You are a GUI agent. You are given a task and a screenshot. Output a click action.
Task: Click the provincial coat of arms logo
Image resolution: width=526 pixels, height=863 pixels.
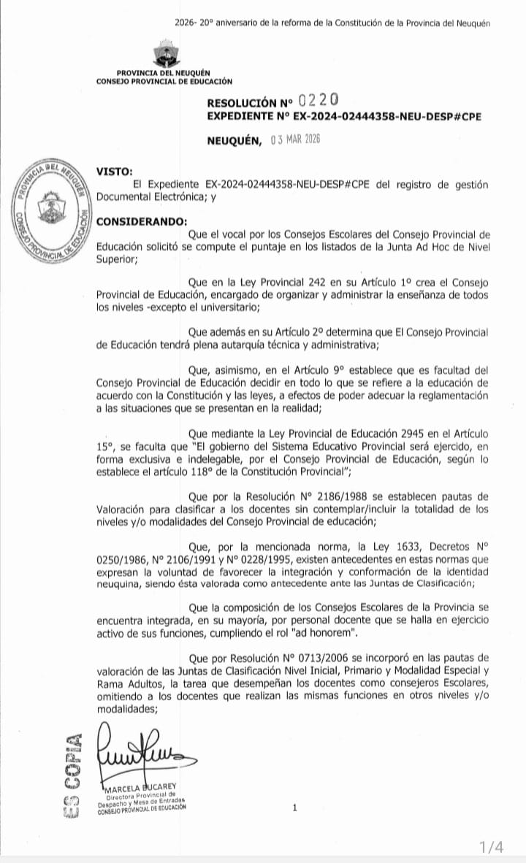coord(166,55)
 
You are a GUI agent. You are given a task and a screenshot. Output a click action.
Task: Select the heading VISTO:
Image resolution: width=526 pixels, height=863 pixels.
coord(115,172)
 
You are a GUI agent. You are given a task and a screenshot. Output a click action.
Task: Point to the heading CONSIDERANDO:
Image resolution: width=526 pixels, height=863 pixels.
coord(142,221)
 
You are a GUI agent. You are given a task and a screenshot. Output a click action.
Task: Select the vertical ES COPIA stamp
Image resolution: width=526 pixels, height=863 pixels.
coord(72,775)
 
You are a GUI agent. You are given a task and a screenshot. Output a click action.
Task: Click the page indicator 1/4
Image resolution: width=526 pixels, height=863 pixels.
coord(491,848)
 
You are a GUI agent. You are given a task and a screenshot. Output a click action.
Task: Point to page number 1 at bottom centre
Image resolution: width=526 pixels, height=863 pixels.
coord(294,808)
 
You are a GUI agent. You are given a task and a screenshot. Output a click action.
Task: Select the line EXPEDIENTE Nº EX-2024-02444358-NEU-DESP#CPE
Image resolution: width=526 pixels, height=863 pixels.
coord(344,117)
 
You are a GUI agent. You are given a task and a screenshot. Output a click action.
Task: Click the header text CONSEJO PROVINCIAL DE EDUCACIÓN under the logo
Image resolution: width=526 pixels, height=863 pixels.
coord(164,81)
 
